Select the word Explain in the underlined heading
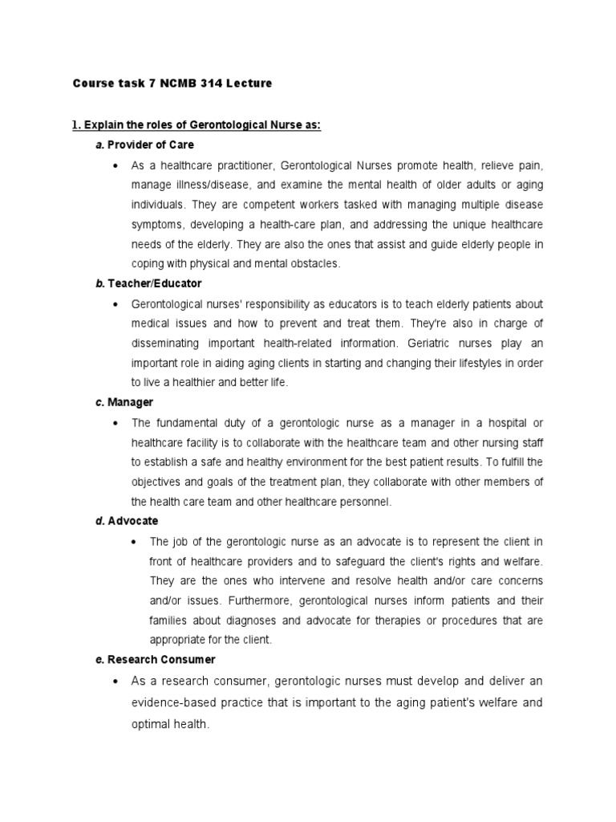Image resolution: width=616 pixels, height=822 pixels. point(105,125)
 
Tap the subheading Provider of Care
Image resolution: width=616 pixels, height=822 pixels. point(150,145)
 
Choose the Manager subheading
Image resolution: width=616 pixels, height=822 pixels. point(130,401)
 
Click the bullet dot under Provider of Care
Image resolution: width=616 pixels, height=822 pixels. point(115,165)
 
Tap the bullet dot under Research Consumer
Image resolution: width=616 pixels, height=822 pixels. point(115,682)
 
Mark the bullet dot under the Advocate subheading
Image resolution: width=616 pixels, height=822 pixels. point(132,542)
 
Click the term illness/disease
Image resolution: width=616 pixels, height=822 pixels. point(209,185)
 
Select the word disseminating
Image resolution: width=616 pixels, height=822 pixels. point(171,343)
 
